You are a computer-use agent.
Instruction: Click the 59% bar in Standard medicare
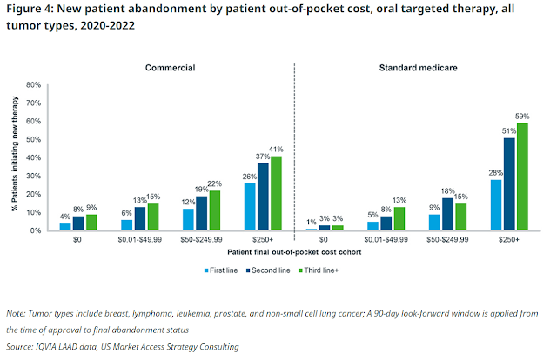pyautogui.click(x=522, y=177)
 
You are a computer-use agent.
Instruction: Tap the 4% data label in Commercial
pyautogui.click(x=65, y=217)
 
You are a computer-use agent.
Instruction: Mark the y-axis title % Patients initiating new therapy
pyautogui.click(x=15, y=157)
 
